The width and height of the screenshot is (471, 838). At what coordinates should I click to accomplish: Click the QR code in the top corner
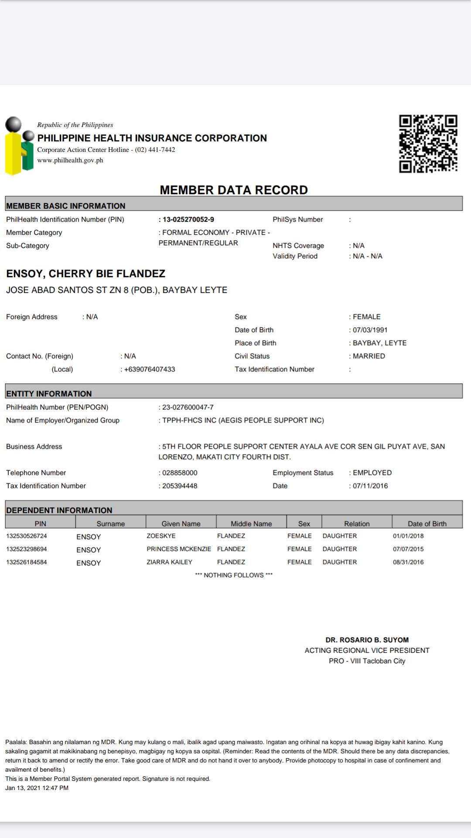coord(428,144)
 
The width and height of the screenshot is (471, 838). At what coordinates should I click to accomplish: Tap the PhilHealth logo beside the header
coord(19,146)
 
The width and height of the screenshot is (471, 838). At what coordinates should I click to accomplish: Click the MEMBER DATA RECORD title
coord(234,190)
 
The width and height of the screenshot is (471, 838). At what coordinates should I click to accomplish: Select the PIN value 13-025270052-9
coord(188,220)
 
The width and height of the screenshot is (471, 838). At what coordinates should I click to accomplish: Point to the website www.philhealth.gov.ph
coord(70,160)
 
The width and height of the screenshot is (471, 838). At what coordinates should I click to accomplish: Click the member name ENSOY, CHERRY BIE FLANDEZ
coord(85,274)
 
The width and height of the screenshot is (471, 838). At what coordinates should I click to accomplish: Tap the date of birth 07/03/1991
coord(370,330)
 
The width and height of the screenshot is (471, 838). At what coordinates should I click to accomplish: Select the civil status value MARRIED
coord(369,356)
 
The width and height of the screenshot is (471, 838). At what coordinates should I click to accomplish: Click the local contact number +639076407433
coord(149,369)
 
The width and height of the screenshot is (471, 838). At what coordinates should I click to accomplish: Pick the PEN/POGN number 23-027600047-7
coord(188,407)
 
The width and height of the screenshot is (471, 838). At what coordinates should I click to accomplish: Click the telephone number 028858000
coord(180,473)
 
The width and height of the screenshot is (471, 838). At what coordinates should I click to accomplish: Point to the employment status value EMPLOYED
coord(372,473)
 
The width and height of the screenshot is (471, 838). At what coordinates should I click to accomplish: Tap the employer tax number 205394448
coord(180,486)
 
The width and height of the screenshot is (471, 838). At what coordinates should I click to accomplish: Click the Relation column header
coord(357,523)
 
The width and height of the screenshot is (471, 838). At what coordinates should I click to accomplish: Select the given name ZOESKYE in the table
coord(161,536)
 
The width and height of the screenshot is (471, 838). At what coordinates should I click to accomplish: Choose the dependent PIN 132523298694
coord(27,549)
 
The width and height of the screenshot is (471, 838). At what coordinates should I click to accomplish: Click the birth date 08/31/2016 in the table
coord(408,562)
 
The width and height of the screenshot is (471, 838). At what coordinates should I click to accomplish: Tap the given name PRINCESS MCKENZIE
coord(179,549)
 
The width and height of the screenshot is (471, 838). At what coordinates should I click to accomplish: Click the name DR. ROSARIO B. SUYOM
coord(367,640)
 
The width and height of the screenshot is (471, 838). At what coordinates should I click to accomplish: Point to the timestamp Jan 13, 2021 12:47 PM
coord(37,788)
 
